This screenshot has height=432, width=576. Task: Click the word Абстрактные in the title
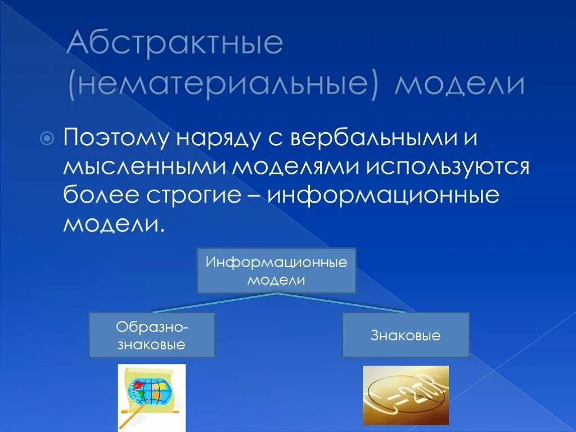pos(174,44)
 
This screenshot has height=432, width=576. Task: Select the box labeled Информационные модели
pos(276,270)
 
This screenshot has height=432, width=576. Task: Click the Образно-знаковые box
pos(152,335)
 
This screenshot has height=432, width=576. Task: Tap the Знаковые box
pos(406,335)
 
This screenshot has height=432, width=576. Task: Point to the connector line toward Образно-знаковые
pos(214,303)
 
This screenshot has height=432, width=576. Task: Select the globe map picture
pos(151,397)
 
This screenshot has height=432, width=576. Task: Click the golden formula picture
pos(406,395)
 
